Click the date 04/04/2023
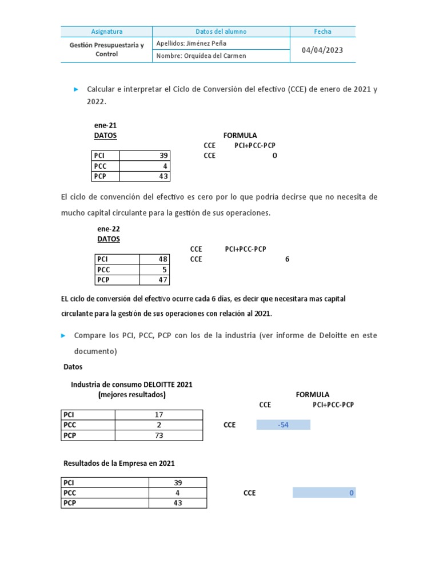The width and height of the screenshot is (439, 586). pyautogui.click(x=322, y=50)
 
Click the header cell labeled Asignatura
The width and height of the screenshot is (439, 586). pyautogui.click(x=107, y=31)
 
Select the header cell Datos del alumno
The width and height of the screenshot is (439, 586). pyautogui.click(x=221, y=31)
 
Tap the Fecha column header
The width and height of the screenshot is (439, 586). pyautogui.click(x=322, y=31)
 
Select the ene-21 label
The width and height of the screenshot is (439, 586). pyautogui.click(x=105, y=125)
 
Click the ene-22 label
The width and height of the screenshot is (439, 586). pyautogui.click(x=109, y=229)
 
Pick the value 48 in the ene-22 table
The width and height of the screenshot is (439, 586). pyautogui.click(x=162, y=259)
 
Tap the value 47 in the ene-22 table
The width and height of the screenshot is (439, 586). pyautogui.click(x=162, y=280)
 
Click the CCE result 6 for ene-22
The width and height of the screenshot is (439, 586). pyautogui.click(x=287, y=259)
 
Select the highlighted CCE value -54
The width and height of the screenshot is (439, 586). pyautogui.click(x=283, y=425)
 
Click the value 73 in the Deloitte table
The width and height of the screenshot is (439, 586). pyautogui.click(x=159, y=435)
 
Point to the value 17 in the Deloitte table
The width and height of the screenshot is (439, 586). pyautogui.click(x=159, y=415)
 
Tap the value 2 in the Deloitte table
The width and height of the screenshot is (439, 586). pyautogui.click(x=159, y=425)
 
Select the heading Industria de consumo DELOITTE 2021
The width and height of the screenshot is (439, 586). pyautogui.click(x=131, y=385)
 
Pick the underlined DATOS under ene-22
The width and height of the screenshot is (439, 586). pyautogui.click(x=109, y=239)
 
